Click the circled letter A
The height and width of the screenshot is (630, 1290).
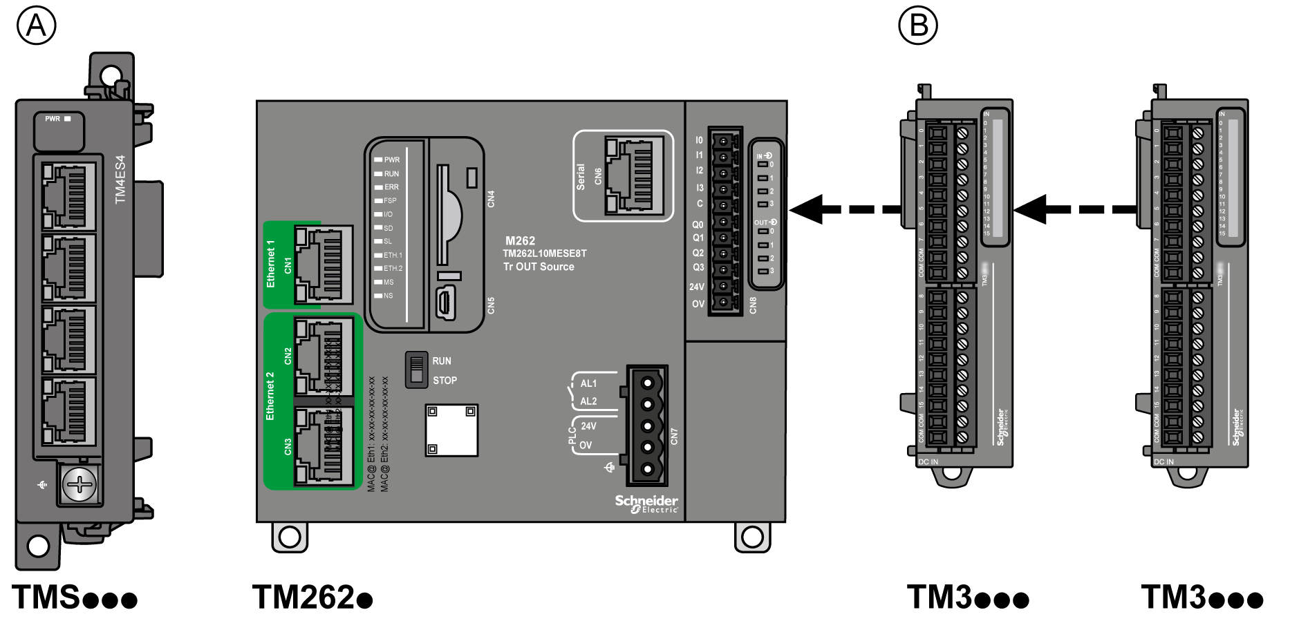pyautogui.click(x=36, y=26)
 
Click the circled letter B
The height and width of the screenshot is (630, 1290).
pyautogui.click(x=917, y=26)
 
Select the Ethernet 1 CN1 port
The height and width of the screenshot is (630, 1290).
pyautogui.click(x=324, y=265)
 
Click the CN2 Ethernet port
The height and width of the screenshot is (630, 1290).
pyautogui.click(x=324, y=356)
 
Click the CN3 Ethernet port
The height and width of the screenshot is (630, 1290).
pyautogui.click(x=324, y=446)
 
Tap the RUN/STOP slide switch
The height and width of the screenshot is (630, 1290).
pyautogui.click(x=416, y=370)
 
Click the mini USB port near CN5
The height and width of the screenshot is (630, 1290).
pyautogui.click(x=445, y=304)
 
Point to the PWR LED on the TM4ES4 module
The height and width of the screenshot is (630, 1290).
pyautogui.click(x=67, y=119)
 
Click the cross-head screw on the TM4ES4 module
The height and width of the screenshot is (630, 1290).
pyautogui.click(x=80, y=484)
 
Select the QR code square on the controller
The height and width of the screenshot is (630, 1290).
pyautogui.click(x=451, y=430)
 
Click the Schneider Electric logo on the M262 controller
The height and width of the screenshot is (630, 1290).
pyautogui.click(x=646, y=504)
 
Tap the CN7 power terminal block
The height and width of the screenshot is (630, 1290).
pyautogui.click(x=647, y=426)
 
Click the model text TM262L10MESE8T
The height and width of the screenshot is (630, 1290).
pyautogui.click(x=544, y=254)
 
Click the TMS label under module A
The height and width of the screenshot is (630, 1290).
pyautogui.click(x=74, y=597)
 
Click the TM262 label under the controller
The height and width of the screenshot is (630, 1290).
pyautogui.click(x=312, y=597)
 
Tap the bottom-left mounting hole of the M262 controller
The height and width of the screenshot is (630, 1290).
pyautogui.click(x=290, y=537)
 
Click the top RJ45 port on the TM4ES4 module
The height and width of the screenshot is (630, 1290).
pyautogui.click(x=67, y=197)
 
